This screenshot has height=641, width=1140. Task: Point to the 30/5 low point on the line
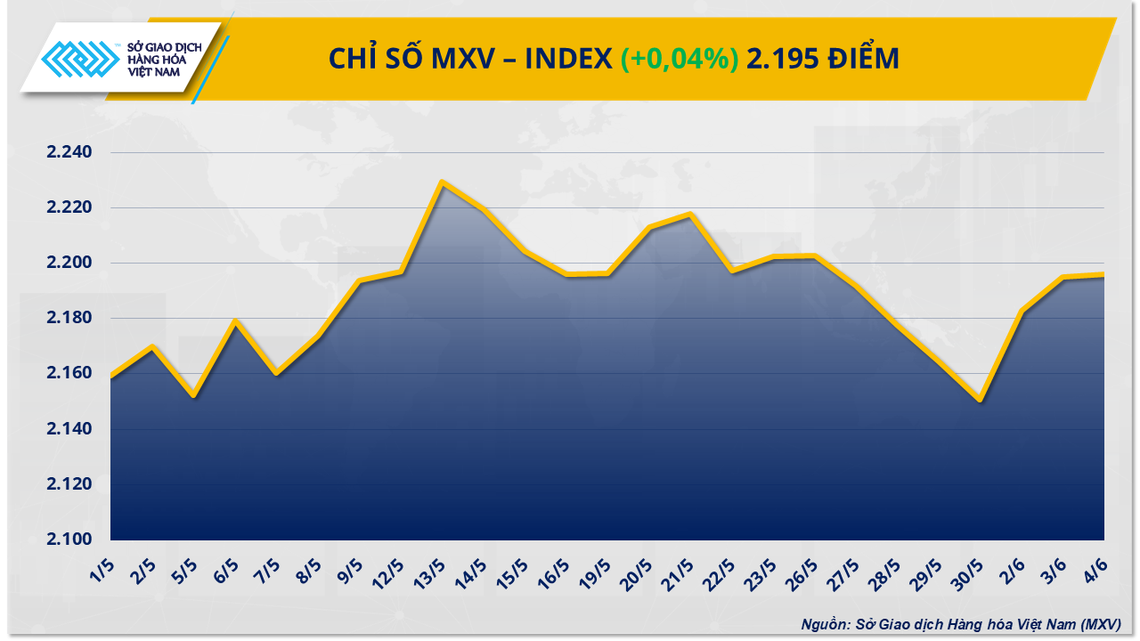click(980, 401)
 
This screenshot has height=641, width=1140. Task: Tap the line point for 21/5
click(690, 214)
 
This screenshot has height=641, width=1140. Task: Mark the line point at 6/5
click(235, 320)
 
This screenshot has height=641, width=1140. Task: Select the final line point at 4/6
click(1103, 274)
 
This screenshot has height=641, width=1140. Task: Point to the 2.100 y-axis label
click(69, 540)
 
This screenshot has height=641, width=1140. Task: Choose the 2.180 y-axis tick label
click(69, 319)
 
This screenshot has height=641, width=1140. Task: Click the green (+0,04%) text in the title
click(680, 59)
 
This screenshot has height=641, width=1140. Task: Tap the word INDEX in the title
click(567, 59)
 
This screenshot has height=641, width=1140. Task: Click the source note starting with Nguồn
click(960, 624)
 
